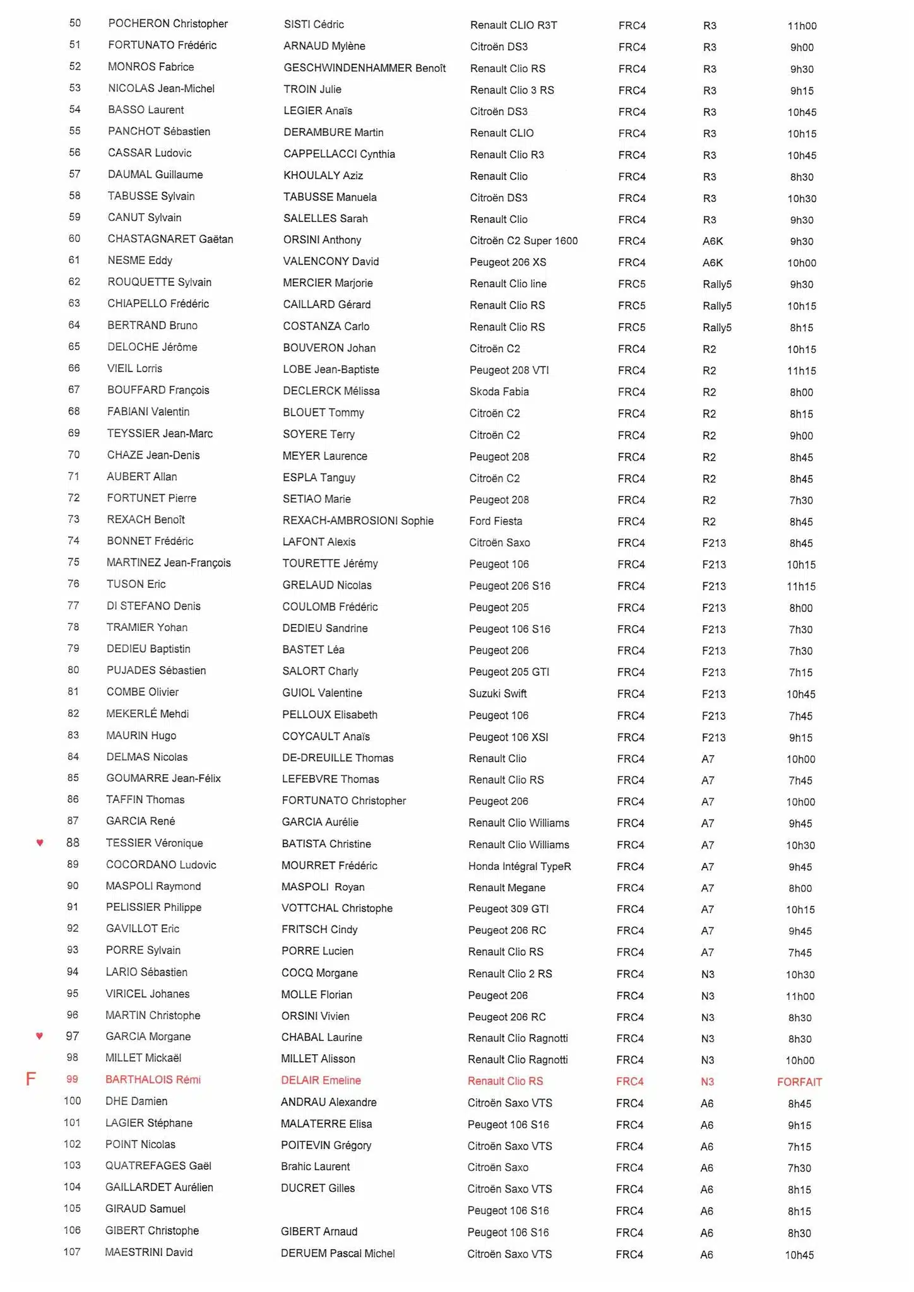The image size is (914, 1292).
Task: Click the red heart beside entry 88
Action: click(40, 842)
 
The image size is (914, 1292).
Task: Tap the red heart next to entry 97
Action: click(40, 1035)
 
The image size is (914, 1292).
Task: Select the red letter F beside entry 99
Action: click(30, 1079)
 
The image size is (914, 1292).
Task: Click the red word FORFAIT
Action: click(799, 1082)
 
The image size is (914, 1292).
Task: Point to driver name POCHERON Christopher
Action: click(168, 23)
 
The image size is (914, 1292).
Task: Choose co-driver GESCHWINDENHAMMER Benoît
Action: click(364, 68)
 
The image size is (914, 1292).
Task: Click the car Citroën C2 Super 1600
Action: click(523, 240)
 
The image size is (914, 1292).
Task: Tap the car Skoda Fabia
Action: click(499, 391)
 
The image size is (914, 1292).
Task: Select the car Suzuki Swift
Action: click(497, 693)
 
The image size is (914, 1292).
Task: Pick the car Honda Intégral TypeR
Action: click(519, 866)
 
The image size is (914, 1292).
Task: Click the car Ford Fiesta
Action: click(496, 521)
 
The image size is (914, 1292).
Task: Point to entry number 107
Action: click(72, 1252)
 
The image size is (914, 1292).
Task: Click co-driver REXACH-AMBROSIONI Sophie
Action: click(358, 520)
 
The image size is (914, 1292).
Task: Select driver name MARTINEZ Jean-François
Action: click(169, 562)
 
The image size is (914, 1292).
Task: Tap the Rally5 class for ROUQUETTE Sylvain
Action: click(717, 284)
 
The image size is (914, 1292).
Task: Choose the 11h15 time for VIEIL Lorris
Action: click(801, 371)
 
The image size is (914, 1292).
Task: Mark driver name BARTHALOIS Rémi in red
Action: click(153, 1079)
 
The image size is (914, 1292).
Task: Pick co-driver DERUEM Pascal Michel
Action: click(338, 1253)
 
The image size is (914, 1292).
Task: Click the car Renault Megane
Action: click(506, 888)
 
